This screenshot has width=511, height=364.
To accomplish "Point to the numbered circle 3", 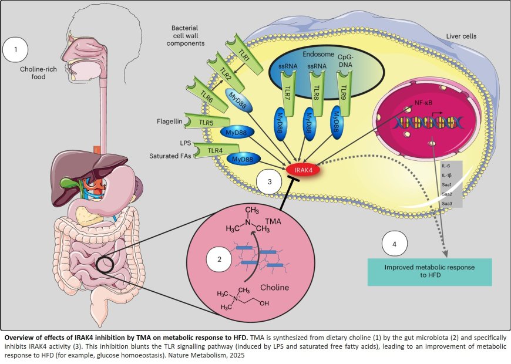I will tap(269, 182).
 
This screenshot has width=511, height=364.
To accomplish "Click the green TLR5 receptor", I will tap(204, 122).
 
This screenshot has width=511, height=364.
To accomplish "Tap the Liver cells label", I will tap(461, 36).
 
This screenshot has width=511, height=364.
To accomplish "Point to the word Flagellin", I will tap(170, 122).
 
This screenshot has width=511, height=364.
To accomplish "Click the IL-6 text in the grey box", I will tap(446, 166).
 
